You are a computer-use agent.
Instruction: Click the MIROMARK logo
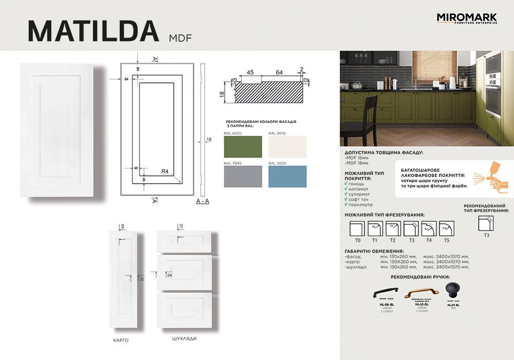pyautogui.click(x=467, y=19)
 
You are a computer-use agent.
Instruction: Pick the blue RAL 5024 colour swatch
pyautogui.click(x=287, y=176)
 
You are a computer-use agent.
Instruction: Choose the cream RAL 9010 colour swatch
pyautogui.click(x=287, y=147)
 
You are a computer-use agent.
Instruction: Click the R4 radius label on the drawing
pyautogui.click(x=165, y=172)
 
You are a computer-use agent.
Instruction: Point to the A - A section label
pyautogui.click(x=203, y=201)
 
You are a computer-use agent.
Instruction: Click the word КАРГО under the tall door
pyautogui.click(x=120, y=340)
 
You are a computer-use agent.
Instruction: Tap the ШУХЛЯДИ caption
pyautogui.click(x=184, y=339)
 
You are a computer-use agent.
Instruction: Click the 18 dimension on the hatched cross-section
pyautogui.click(x=222, y=94)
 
